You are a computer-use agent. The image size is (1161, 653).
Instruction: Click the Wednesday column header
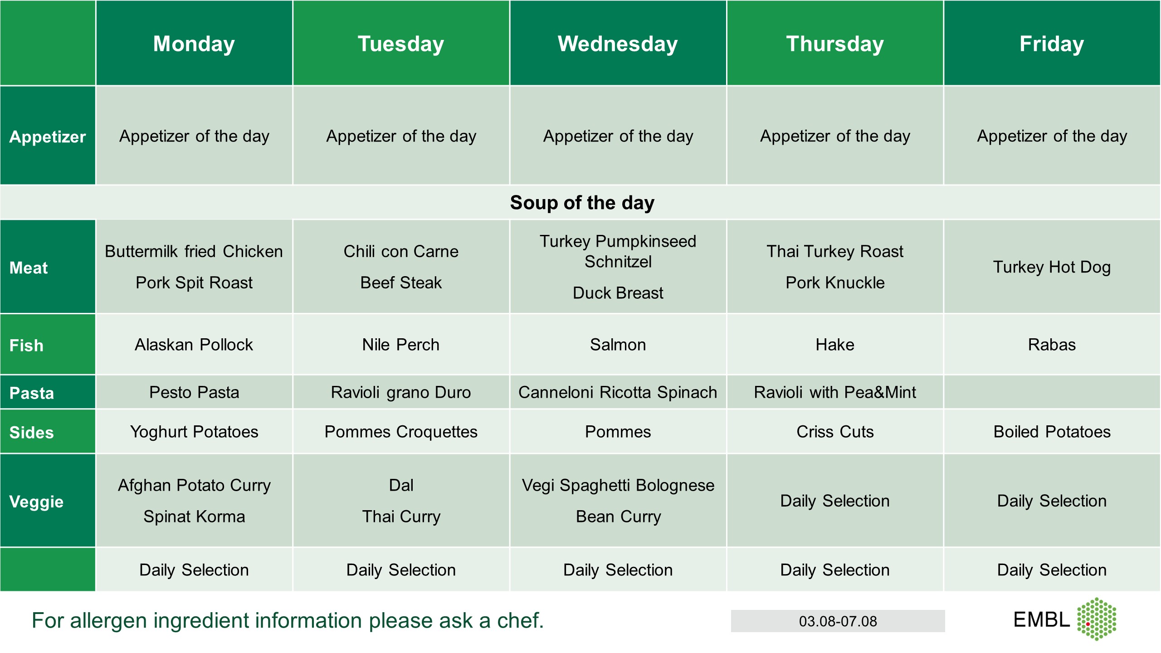pos(618,44)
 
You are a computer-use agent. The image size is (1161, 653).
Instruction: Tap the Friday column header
pos(1052,44)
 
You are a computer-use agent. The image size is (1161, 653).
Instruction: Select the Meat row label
pos(29,268)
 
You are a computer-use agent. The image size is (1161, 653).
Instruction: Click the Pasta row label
pos(32,393)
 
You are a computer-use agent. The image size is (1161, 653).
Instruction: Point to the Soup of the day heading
pos(582,203)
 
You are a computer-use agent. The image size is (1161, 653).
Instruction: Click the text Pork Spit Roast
pos(194,283)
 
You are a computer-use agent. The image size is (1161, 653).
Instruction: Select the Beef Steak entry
pos(401,283)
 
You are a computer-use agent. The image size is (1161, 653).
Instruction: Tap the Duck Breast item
pos(618,293)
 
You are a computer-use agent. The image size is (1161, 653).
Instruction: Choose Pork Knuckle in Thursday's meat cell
pos(835,283)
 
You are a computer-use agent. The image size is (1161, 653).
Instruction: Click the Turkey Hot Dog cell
pos(1052,267)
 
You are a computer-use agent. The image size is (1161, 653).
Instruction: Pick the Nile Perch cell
pos(401,345)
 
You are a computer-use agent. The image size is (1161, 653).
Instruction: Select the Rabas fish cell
pos(1052,345)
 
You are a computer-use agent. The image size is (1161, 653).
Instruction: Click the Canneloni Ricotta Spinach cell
pos(618,392)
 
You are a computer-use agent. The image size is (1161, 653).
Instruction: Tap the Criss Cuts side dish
pos(835,432)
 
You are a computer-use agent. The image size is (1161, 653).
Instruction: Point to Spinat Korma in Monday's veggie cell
pos(194,517)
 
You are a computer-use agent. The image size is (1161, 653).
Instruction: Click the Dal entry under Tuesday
pos(401,485)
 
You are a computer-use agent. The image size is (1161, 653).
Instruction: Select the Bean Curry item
pos(618,517)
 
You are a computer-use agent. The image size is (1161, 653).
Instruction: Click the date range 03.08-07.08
pos(838,621)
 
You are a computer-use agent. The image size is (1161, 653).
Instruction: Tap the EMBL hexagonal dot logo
pos(1097,619)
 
